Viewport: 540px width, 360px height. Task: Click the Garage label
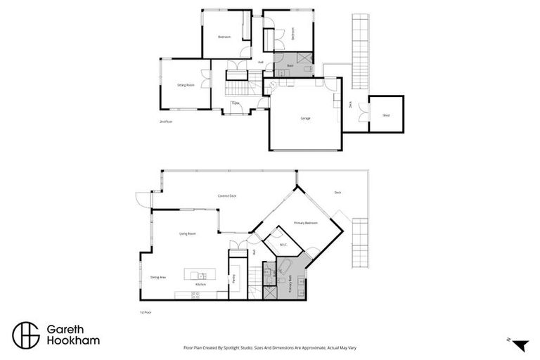click(x=306, y=118)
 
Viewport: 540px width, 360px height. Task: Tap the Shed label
click(x=386, y=115)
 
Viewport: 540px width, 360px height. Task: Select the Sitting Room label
click(x=186, y=85)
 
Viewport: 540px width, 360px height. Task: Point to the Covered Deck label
click(x=226, y=196)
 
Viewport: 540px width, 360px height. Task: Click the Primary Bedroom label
click(x=306, y=223)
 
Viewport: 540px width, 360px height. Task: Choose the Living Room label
click(x=187, y=233)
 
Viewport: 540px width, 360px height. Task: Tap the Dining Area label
click(x=157, y=277)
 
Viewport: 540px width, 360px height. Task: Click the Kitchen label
click(x=200, y=285)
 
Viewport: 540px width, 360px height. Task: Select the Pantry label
click(x=233, y=280)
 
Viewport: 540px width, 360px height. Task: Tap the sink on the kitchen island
click(x=201, y=275)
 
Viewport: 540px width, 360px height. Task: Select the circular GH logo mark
click(x=26, y=335)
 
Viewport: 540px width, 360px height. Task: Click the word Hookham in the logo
click(x=73, y=340)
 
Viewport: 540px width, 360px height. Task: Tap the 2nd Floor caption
click(x=166, y=122)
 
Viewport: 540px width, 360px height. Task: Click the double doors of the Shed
click(x=364, y=112)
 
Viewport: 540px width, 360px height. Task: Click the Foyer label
click(x=236, y=103)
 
